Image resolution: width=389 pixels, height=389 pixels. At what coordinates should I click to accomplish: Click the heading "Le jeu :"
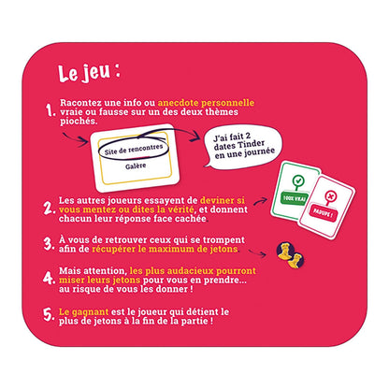click(x=89, y=73)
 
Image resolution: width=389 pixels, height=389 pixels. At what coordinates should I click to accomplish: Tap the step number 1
click(x=50, y=110)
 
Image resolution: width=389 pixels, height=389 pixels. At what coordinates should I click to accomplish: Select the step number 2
click(x=49, y=209)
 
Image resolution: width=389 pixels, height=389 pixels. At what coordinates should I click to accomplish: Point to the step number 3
click(x=50, y=244)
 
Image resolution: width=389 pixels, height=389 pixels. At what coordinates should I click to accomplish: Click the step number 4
click(x=49, y=278)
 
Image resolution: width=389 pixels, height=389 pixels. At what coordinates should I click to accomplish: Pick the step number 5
click(x=49, y=315)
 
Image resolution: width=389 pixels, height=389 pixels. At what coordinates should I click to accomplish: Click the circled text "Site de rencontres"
click(x=134, y=150)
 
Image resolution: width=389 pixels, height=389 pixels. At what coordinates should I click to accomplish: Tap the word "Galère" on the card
click(x=136, y=166)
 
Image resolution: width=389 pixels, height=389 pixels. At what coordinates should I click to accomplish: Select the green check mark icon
click(x=298, y=180)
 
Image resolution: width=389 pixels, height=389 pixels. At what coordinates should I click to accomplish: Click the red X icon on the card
click(x=330, y=196)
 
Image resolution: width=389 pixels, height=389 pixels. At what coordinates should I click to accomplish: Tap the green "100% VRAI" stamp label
click(x=294, y=198)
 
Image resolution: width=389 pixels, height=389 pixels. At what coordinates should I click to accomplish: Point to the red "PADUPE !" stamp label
click(x=324, y=213)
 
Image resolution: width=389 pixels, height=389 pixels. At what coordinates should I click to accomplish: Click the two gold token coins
click(x=291, y=255)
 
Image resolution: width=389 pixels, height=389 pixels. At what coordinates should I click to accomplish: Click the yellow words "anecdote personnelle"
click(x=206, y=103)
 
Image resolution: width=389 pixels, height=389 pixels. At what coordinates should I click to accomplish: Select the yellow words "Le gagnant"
click(x=83, y=311)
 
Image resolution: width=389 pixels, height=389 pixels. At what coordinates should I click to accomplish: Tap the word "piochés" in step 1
click(x=79, y=122)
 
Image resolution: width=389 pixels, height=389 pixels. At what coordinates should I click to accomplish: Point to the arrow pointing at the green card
click(x=260, y=201)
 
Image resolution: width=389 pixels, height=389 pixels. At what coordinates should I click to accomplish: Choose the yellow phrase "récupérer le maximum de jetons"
click(x=165, y=249)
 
